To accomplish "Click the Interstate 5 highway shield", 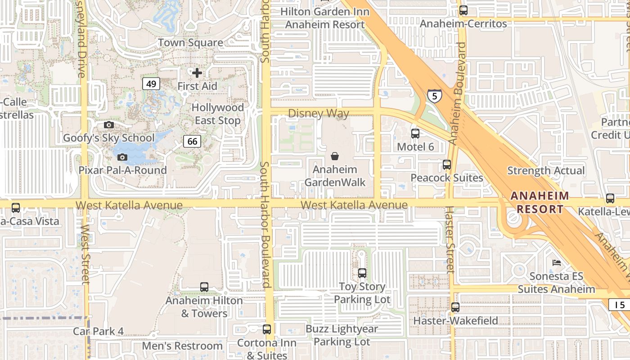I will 434,96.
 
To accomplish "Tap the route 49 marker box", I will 152,83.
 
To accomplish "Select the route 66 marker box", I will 192,141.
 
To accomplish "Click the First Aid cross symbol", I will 197,72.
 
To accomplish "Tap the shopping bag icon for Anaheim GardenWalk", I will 335,156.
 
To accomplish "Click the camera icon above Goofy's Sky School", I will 108,125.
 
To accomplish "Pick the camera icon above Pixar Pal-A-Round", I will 122,157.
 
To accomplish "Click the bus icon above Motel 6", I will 415,133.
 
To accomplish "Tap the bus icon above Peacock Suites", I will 446,164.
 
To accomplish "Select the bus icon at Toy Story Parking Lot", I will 362,273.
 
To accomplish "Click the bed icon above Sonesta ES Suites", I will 557,262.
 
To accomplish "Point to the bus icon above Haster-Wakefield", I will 455,307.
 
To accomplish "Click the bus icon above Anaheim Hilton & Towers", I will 204,287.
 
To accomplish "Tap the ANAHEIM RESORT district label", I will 540,202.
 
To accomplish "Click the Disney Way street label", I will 318,113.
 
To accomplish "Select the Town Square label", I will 190,43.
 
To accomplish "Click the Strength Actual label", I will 546,171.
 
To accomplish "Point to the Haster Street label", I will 450,239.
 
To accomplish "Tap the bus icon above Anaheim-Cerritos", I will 463,10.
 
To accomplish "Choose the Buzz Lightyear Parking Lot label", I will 342,335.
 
